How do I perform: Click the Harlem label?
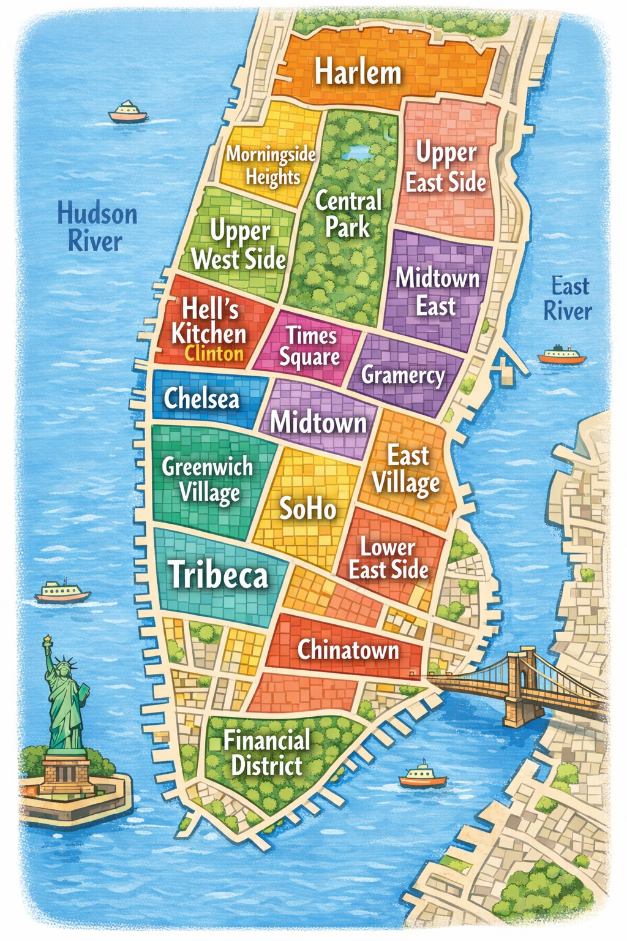pyautogui.click(x=358, y=72)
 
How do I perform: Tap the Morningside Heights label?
pyautogui.click(x=271, y=165)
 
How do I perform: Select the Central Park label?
pyautogui.click(x=348, y=214)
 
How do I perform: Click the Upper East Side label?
pyautogui.click(x=446, y=167)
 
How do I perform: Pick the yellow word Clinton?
pyautogui.click(x=214, y=353)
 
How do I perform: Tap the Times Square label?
pyautogui.click(x=310, y=346)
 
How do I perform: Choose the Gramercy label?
pyautogui.click(x=403, y=375)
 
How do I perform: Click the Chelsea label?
pyautogui.click(x=201, y=399)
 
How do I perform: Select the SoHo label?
pyautogui.click(x=308, y=508)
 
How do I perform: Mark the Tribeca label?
pyautogui.click(x=219, y=575)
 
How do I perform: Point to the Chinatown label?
pyautogui.click(x=348, y=649)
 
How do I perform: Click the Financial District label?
pyautogui.click(x=267, y=753)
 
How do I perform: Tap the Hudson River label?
pyautogui.click(x=97, y=227)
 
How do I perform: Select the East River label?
pyautogui.click(x=568, y=298)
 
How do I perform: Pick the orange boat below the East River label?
pyautogui.click(x=561, y=355)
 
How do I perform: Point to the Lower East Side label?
pyautogui.click(x=389, y=558)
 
